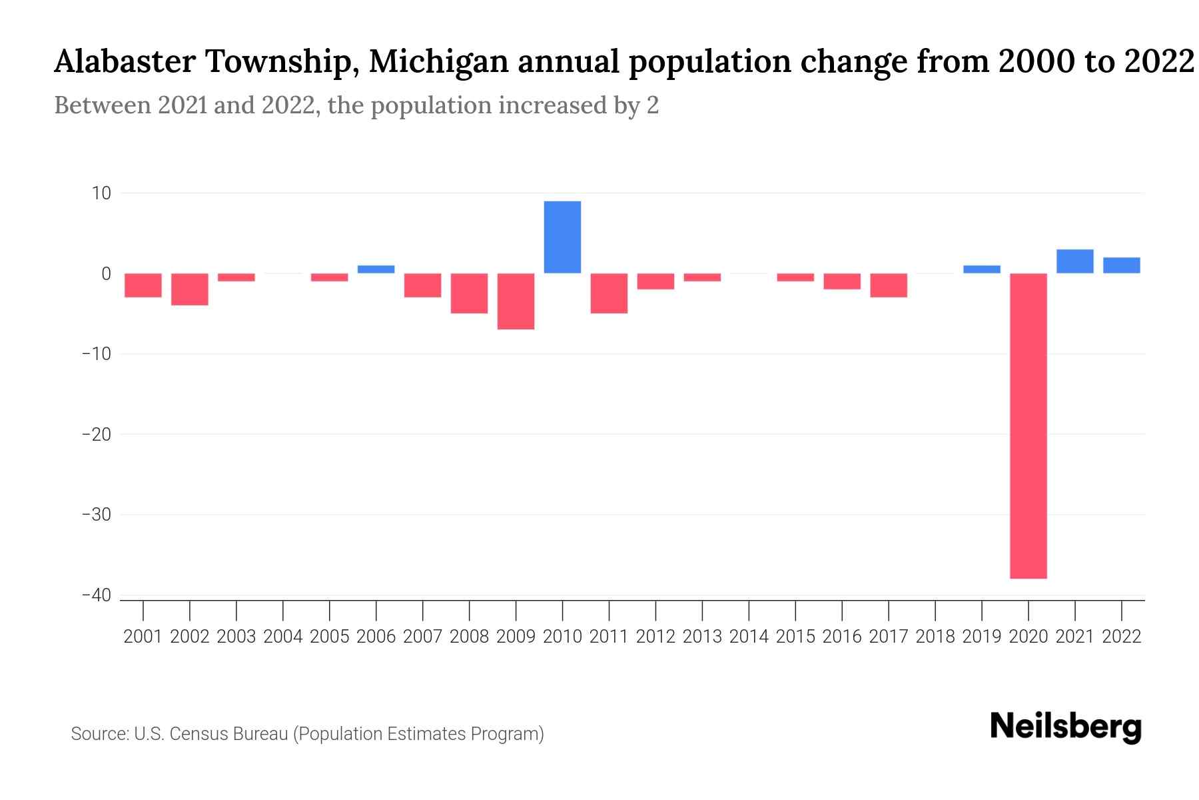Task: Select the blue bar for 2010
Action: [x=562, y=237]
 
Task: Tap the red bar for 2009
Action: [x=516, y=301]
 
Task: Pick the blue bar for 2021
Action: [x=1074, y=261]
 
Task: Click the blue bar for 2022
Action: [x=1121, y=265]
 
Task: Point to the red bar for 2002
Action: [x=190, y=289]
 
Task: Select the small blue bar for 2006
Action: [x=376, y=269]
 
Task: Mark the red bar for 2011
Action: [x=609, y=293]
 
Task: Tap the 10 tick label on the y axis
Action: [x=101, y=193]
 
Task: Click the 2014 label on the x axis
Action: [x=749, y=637]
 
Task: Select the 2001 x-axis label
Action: [x=143, y=637]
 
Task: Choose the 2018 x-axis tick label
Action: [x=935, y=637]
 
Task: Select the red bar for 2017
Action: [x=889, y=285]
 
